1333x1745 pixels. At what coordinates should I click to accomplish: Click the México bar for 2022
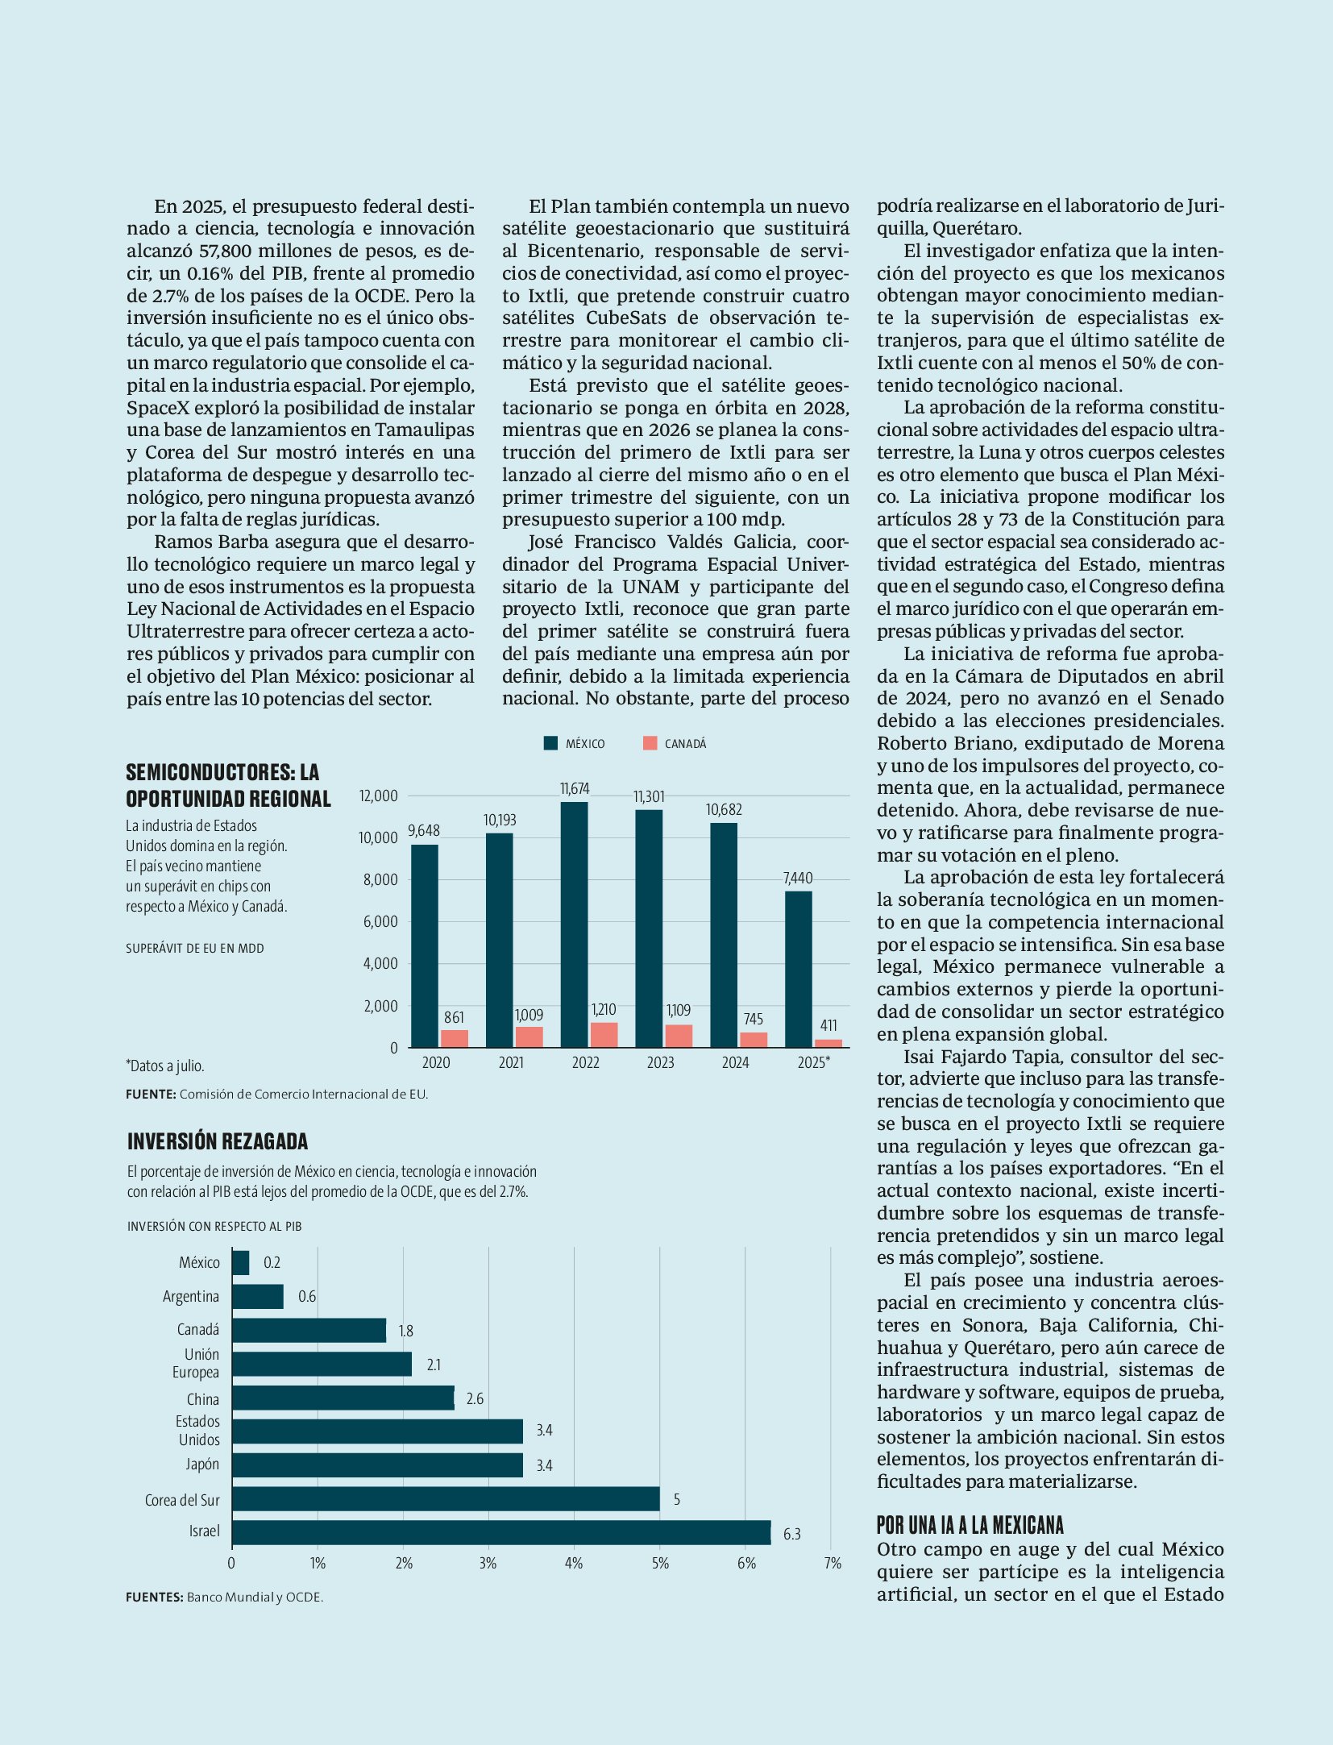click(574, 924)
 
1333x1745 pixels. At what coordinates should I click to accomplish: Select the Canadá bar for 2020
click(454, 1038)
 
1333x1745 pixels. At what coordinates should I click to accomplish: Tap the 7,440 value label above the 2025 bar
click(798, 878)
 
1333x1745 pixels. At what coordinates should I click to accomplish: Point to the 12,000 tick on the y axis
click(378, 796)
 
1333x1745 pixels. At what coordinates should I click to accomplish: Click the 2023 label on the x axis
click(660, 1062)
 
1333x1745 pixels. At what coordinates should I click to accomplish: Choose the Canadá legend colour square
click(650, 743)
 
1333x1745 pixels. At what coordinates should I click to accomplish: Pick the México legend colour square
click(550, 743)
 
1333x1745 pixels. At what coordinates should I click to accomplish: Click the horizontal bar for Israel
click(501, 1532)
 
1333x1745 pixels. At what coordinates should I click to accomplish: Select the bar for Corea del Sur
click(446, 1498)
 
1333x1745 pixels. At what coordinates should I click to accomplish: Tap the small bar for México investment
click(241, 1262)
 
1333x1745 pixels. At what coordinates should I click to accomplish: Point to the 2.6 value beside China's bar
click(475, 1398)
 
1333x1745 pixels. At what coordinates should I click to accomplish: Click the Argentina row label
click(191, 1296)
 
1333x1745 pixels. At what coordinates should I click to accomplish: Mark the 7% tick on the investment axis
click(833, 1563)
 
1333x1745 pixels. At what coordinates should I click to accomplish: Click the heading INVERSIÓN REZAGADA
click(218, 1141)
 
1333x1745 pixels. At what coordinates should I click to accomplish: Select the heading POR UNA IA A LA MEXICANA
click(970, 1524)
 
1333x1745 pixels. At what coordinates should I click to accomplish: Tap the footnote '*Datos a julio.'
click(165, 1066)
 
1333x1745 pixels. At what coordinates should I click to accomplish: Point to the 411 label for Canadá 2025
click(828, 1025)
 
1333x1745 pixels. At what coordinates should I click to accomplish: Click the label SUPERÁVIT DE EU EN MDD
click(195, 948)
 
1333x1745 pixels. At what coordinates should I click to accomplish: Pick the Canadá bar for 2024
click(754, 1040)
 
